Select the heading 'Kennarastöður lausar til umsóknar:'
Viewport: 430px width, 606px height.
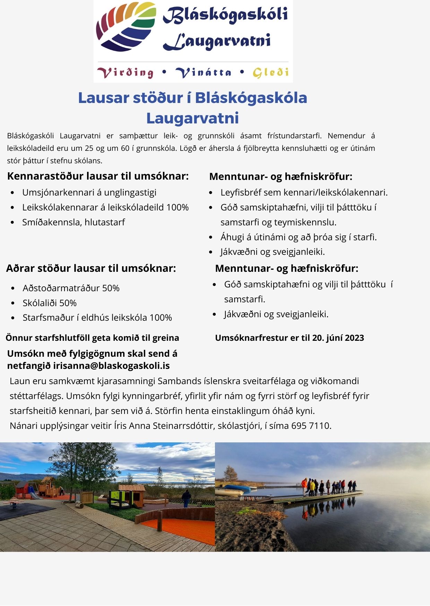98,176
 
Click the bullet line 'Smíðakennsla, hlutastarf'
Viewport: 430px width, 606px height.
74,222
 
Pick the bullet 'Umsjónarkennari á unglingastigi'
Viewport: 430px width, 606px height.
89,192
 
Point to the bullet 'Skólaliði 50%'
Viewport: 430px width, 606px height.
50,303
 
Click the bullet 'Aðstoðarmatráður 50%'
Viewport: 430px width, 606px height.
71,288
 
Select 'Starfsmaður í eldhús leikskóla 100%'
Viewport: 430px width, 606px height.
97,318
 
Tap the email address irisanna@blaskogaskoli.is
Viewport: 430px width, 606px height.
111,366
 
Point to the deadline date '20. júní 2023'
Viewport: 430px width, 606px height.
338,338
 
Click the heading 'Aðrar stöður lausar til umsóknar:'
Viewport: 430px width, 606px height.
91,268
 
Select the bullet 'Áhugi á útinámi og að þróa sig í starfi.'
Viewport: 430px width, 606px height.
298,237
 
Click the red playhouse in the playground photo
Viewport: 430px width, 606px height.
22,489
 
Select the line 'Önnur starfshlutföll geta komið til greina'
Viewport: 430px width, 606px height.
92,338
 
